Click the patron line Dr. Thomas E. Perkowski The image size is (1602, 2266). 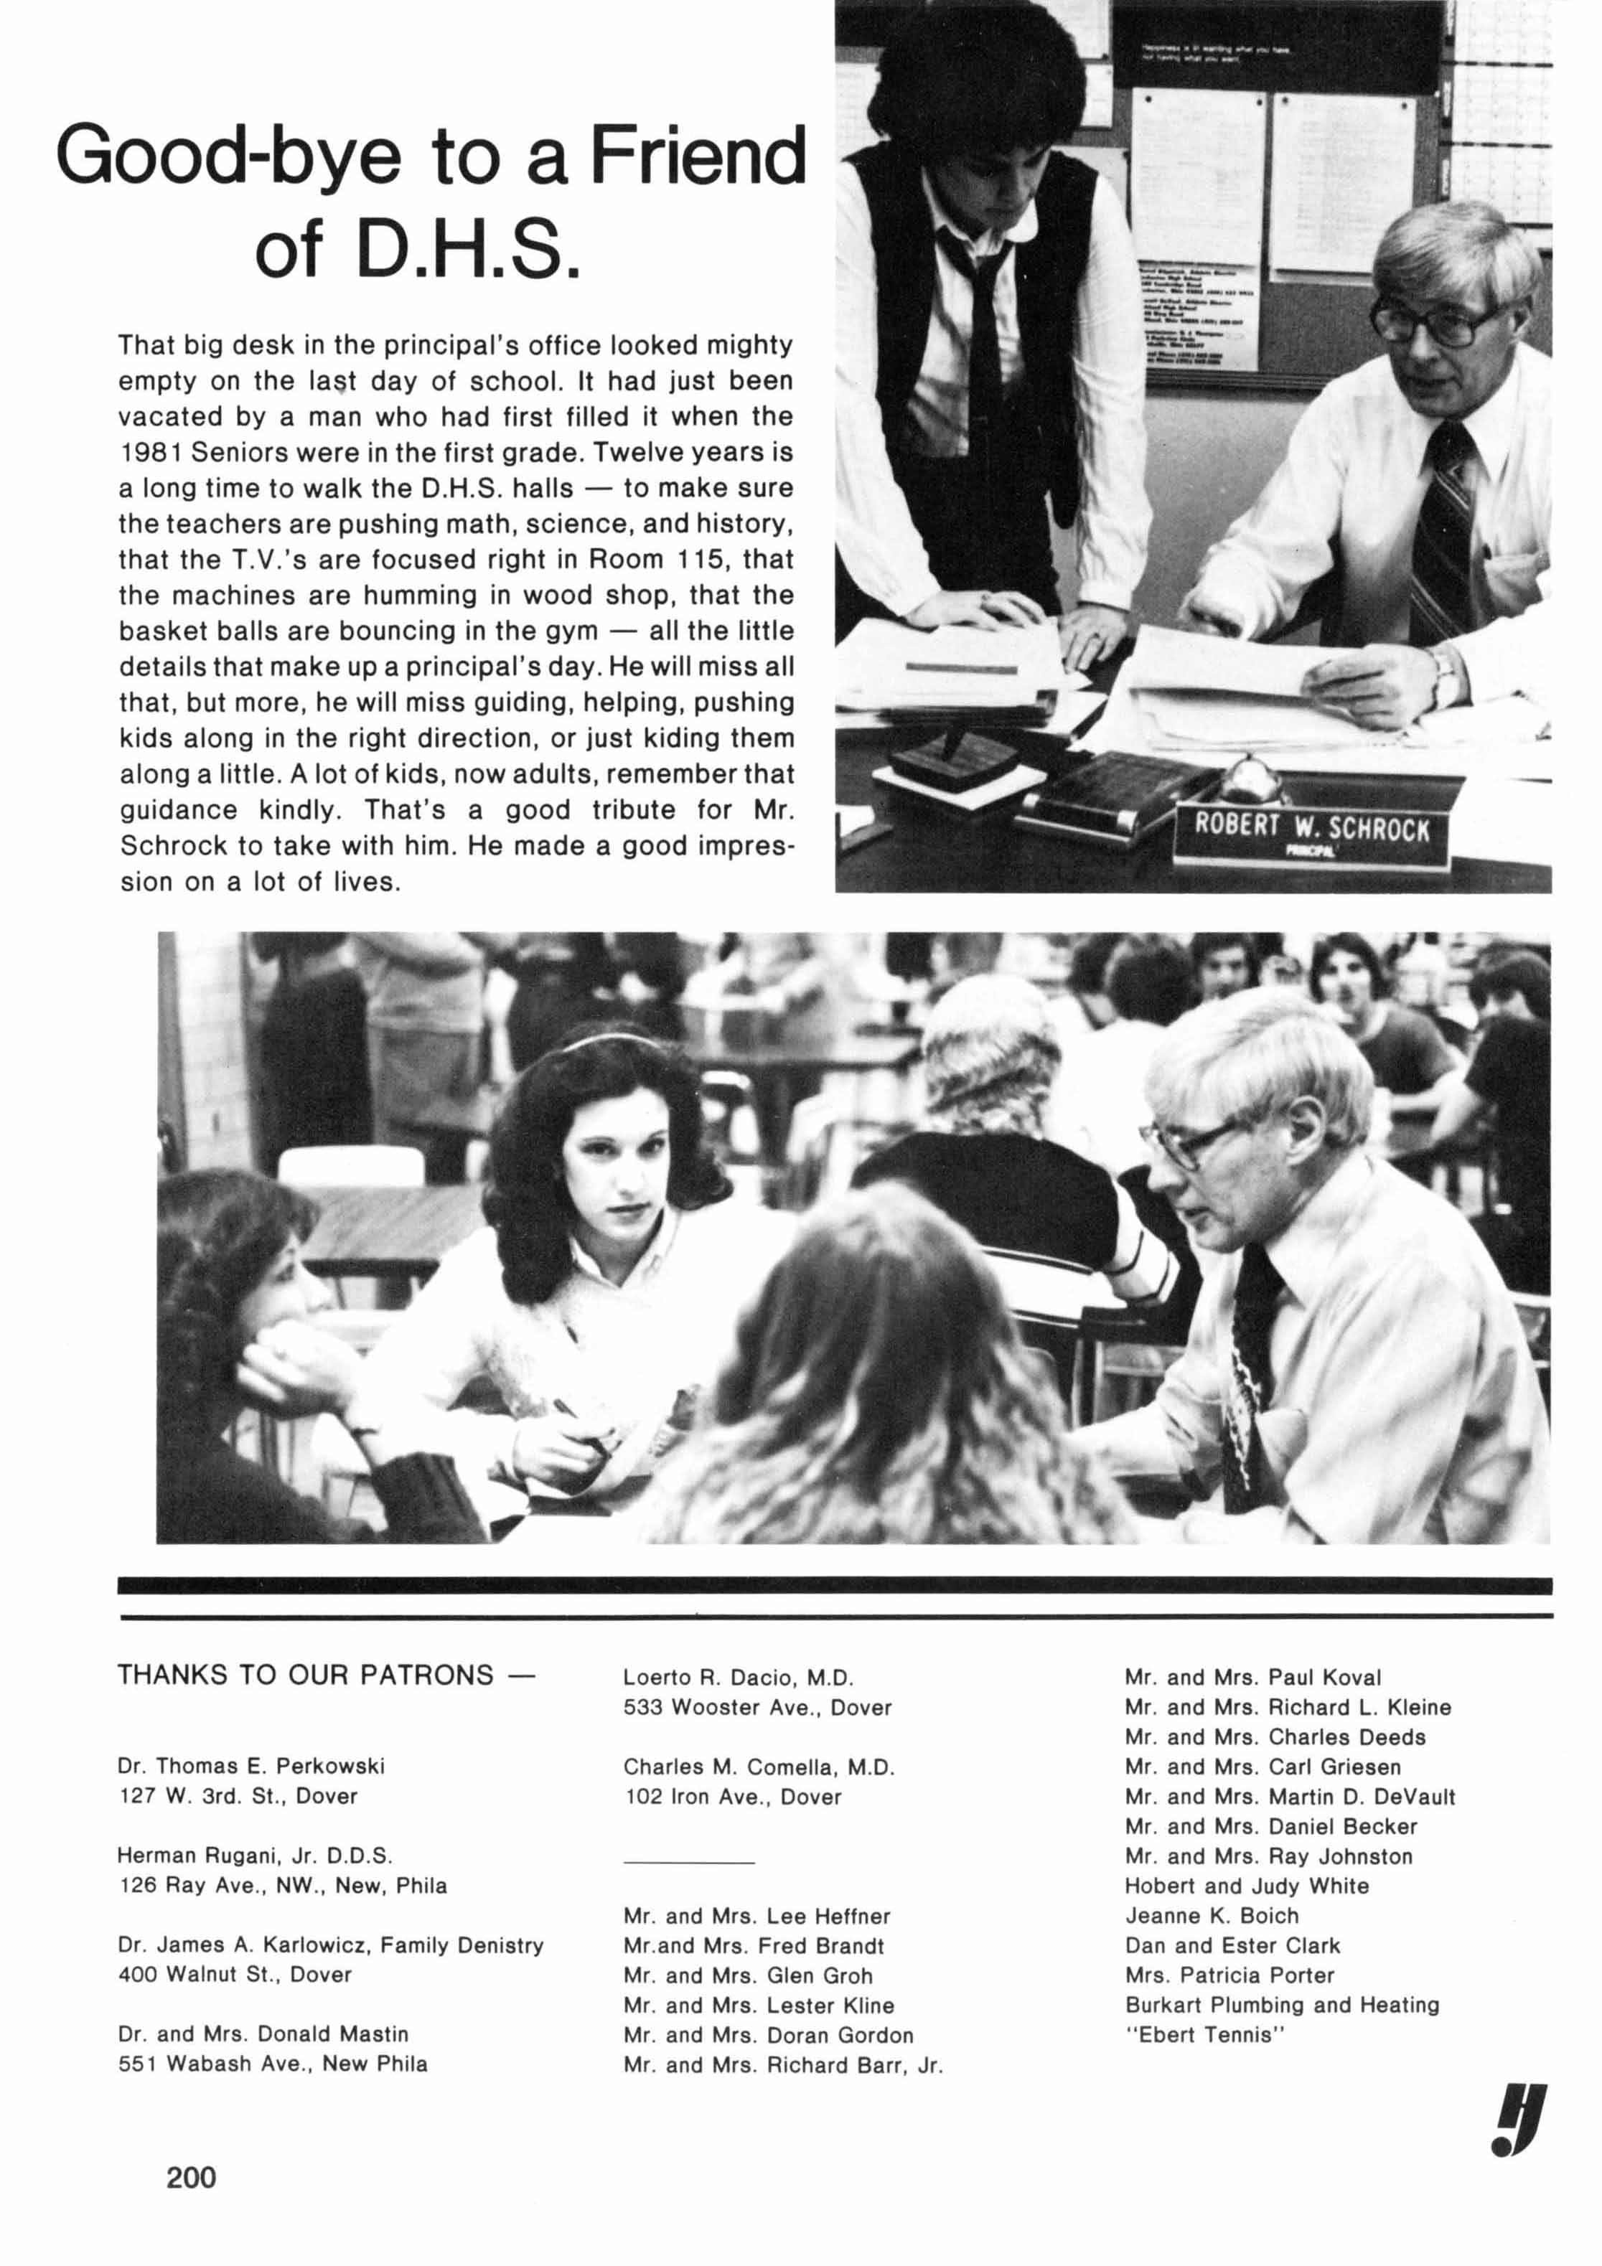250,1766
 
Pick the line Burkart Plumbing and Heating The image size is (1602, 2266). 1281,2005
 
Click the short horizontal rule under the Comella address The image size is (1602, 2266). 688,1861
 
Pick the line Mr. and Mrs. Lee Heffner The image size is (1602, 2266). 756,1916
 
